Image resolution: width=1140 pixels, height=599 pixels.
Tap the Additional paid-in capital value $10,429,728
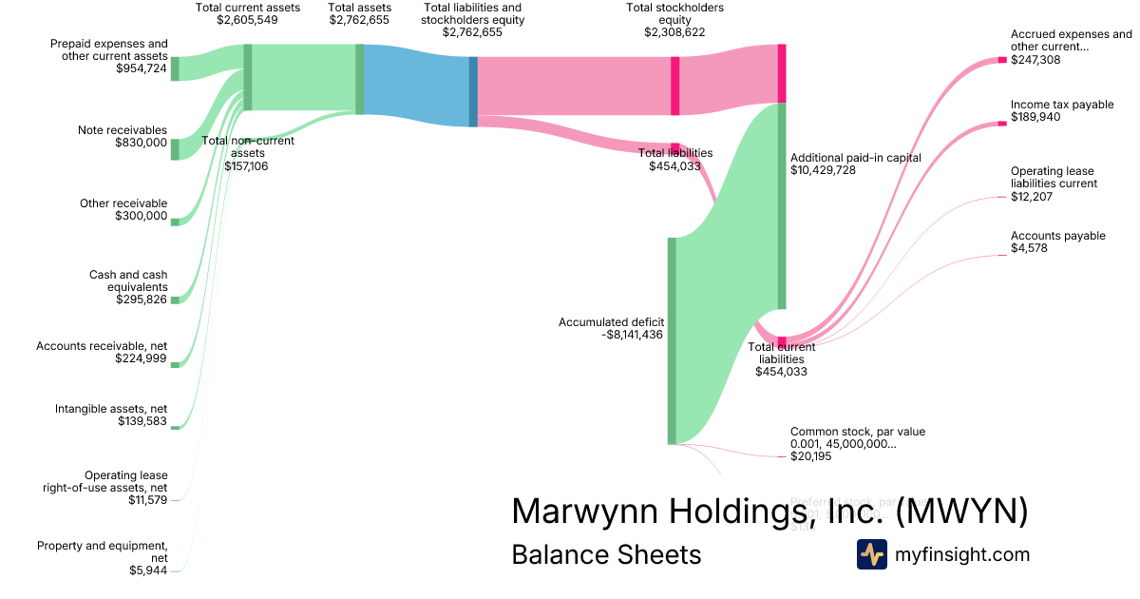click(x=823, y=170)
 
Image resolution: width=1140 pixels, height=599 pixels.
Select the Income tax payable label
click(x=1062, y=105)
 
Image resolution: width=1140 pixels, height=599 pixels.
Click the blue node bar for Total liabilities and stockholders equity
click(x=473, y=91)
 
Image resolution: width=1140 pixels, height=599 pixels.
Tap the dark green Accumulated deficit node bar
click(x=672, y=340)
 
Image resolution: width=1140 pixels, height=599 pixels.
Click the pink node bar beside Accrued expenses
click(x=1001, y=60)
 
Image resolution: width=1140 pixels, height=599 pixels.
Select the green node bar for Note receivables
click(x=175, y=148)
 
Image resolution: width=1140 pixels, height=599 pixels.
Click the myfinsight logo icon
click(x=871, y=554)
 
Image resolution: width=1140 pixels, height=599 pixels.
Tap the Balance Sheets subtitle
click(x=606, y=554)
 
